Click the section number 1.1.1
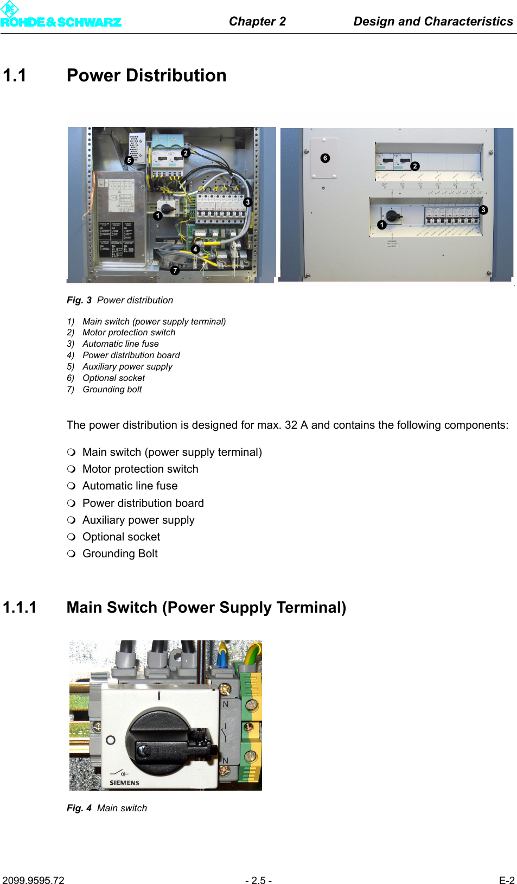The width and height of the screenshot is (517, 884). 20,607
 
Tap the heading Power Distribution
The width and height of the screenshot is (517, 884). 146,75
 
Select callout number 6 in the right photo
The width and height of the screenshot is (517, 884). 325,158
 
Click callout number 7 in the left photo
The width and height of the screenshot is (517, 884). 175,270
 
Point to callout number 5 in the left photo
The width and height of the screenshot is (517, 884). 129,160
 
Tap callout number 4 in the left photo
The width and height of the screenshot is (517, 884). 195,249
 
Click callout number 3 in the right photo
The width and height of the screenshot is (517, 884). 483,209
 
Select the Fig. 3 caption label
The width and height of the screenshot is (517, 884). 79,300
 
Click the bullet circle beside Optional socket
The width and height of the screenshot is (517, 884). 71,537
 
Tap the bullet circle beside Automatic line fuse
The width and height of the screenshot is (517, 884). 71,486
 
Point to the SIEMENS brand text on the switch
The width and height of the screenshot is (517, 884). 124,783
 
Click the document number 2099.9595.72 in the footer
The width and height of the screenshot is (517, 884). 33,880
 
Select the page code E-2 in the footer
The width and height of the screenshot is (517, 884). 507,880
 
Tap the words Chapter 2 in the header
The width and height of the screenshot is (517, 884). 257,21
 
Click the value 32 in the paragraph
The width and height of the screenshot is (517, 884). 291,425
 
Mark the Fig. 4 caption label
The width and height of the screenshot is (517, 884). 79,808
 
